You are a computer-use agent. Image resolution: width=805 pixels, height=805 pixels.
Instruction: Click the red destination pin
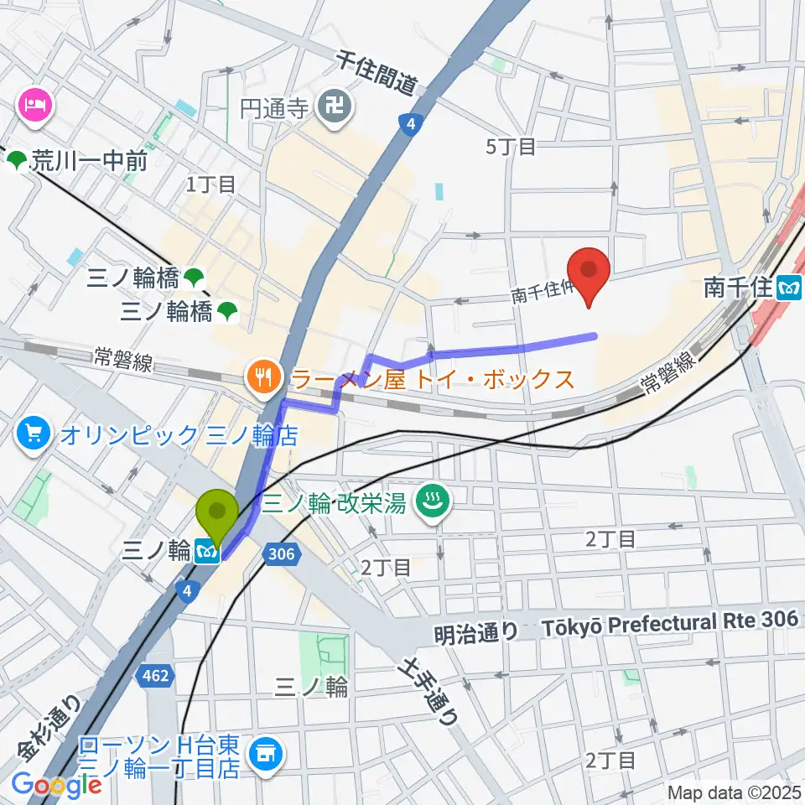(x=589, y=277)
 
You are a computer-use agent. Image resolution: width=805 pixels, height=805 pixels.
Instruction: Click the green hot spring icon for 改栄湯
(x=434, y=503)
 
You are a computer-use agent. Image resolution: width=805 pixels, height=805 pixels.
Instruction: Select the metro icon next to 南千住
(x=789, y=288)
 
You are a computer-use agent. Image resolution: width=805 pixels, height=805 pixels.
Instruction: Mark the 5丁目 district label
(x=511, y=147)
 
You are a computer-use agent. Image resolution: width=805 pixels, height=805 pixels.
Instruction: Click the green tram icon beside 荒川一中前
(x=16, y=160)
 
